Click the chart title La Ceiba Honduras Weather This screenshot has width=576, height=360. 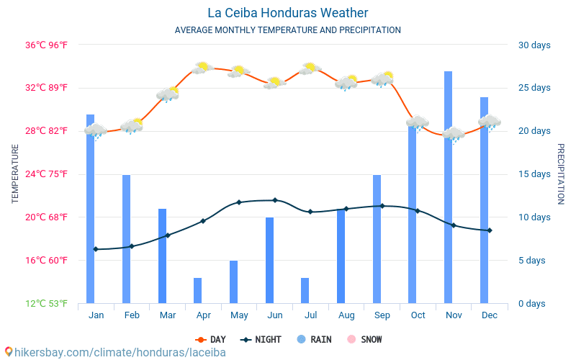(x=287, y=13)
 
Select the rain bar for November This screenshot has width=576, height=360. (x=448, y=187)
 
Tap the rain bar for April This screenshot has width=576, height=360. (x=197, y=290)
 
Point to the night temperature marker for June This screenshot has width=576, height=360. (x=274, y=200)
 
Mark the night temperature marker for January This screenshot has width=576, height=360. (x=96, y=249)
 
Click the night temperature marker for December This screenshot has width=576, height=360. (x=490, y=230)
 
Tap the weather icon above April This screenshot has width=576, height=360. (x=202, y=68)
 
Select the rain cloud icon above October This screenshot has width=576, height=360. (x=418, y=122)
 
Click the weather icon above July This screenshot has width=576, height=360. (x=310, y=68)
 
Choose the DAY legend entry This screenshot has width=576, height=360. (x=211, y=339)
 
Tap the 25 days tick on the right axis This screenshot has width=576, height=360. (x=534, y=88)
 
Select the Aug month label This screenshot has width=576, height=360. (x=346, y=315)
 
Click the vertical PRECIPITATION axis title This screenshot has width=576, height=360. (x=560, y=174)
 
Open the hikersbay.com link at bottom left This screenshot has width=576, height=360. (x=115, y=352)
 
